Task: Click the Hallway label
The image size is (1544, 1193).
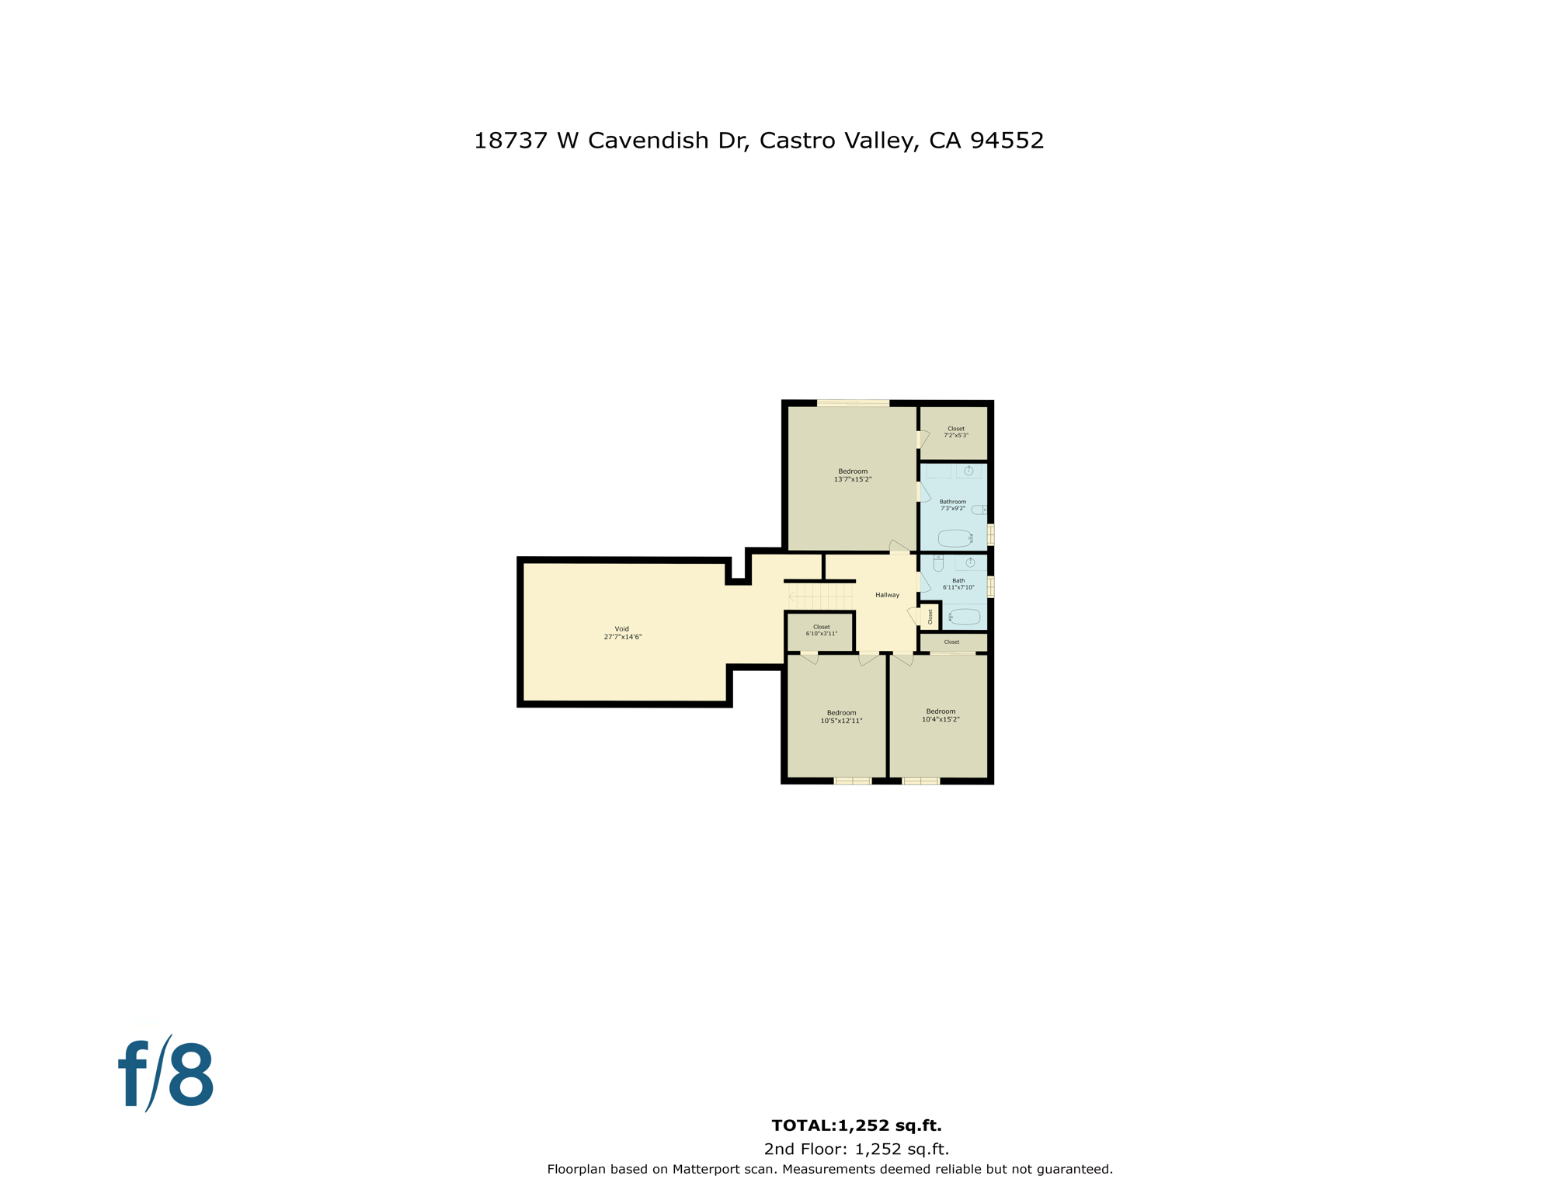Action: click(887, 595)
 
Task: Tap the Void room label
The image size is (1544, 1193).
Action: click(622, 629)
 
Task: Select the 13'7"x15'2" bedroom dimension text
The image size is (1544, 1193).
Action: click(853, 480)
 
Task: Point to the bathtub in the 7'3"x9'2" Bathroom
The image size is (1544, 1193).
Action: click(955, 537)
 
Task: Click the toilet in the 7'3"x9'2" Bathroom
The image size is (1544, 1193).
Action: click(979, 510)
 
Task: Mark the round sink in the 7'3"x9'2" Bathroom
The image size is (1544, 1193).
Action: click(968, 471)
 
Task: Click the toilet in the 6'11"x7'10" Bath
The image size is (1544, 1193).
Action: click(938, 563)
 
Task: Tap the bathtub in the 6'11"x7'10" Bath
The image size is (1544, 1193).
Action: click(965, 617)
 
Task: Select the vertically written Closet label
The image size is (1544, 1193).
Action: click(930, 617)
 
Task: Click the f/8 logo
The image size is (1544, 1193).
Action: click(165, 1075)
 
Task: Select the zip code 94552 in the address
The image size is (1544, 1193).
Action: click(1007, 141)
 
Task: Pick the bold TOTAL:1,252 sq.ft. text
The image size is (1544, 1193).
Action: click(856, 1125)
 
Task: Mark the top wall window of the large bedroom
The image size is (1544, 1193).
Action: click(853, 403)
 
